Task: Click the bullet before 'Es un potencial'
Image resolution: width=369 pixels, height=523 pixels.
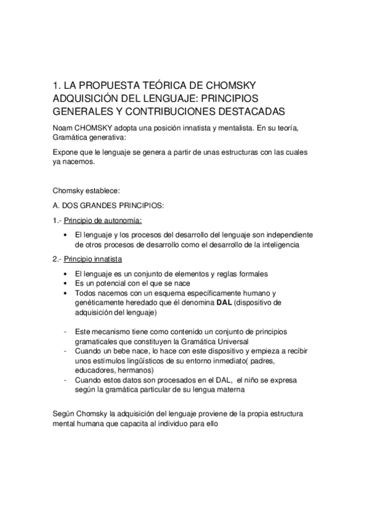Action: click(x=66, y=283)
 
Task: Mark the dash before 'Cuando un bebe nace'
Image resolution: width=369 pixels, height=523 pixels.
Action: click(x=66, y=350)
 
